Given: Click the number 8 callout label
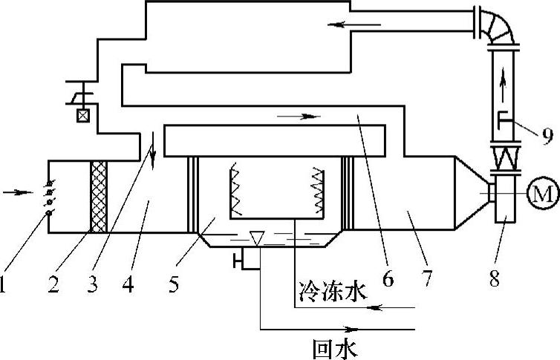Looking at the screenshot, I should click(495, 278).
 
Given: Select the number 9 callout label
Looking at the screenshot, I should click(547, 135).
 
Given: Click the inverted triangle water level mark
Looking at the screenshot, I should click(255, 238).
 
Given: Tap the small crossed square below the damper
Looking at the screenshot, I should click(82, 115).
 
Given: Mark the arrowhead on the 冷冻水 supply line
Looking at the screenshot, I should click(375, 306).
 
